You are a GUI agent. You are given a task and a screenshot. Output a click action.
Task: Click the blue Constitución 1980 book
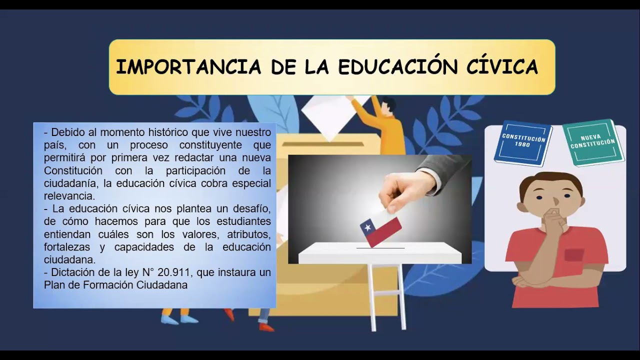click(523, 142)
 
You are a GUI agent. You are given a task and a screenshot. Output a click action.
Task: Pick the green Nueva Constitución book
click(593, 142)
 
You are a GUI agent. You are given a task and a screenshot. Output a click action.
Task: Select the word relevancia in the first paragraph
click(69, 196)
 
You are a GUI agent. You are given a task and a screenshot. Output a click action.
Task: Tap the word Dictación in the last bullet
click(73, 272)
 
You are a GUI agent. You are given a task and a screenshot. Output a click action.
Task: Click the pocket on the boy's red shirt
click(574, 255)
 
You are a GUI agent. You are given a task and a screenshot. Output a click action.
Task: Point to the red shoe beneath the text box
click(266, 327)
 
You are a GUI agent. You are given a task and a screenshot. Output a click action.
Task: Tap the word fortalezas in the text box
click(67, 247)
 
